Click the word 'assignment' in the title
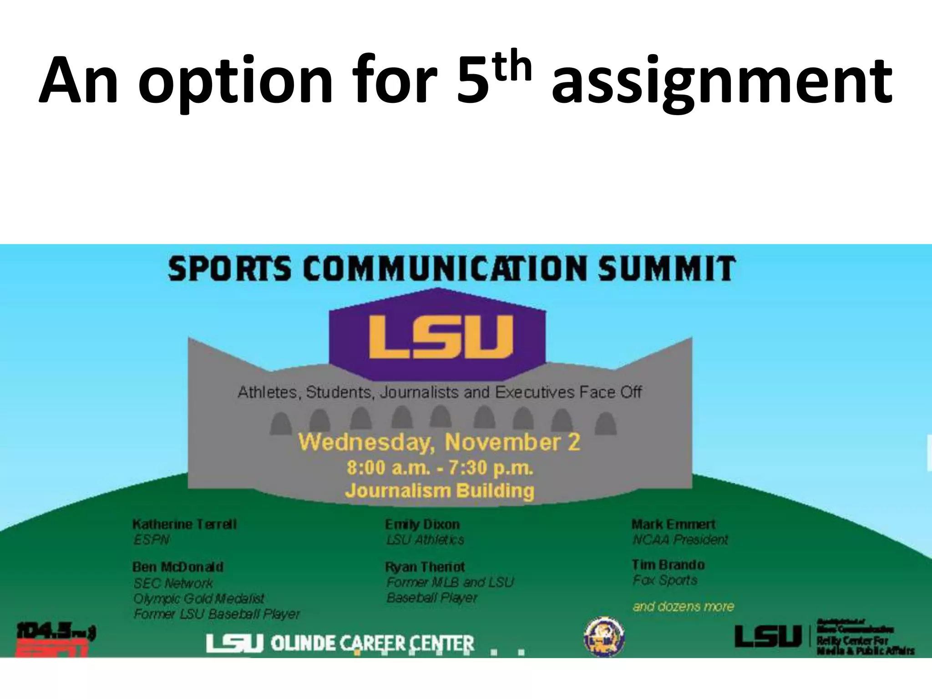coord(722,82)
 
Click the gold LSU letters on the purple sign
coord(440,337)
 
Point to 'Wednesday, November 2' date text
coord(439,442)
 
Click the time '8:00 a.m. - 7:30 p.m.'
coord(440,468)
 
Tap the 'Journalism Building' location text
coord(440,491)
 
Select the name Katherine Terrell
coord(184,524)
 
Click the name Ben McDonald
coord(178,567)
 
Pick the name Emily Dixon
coord(422,524)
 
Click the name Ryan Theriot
coord(425,567)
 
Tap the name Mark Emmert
coord(674,524)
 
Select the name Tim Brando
coord(668,565)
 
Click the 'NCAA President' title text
coord(680,540)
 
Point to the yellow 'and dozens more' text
coord(683,606)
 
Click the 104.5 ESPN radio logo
coord(55,639)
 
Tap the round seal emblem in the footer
coord(604,637)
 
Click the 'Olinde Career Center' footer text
coord(372,643)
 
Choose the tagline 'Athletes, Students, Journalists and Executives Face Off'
coord(440,392)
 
